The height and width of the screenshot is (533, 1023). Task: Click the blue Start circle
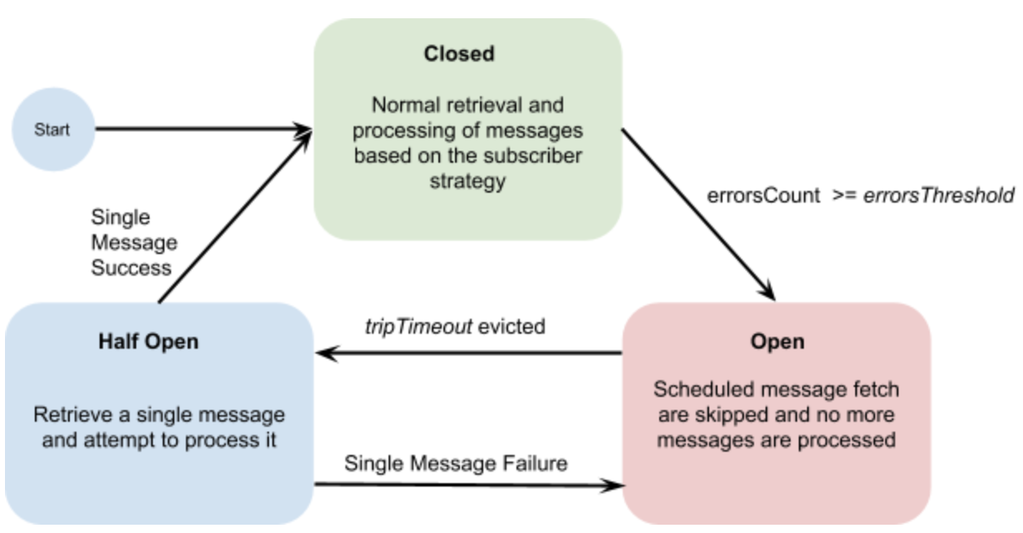51,130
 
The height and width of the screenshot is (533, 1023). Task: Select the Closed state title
458,55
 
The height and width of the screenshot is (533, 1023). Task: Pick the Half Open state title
149,342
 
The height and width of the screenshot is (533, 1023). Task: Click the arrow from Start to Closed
199,129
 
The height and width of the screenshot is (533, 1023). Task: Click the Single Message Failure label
456,462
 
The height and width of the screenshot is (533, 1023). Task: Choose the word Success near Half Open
130,267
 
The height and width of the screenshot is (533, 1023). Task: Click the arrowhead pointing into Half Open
326,354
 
